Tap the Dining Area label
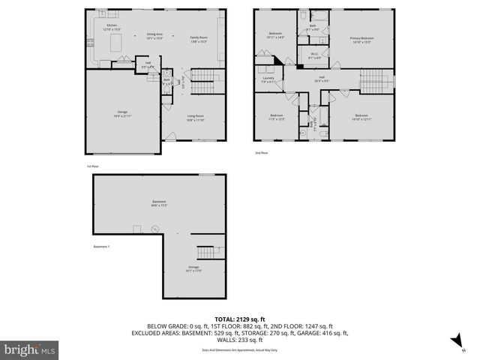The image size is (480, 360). point(154,36)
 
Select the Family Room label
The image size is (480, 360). point(198,40)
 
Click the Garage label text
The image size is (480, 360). point(121,113)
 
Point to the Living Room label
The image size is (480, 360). point(195,118)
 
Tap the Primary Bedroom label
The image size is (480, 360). point(361,39)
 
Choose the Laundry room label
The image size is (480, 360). point(268,79)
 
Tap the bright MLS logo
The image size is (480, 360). point(29,349)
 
